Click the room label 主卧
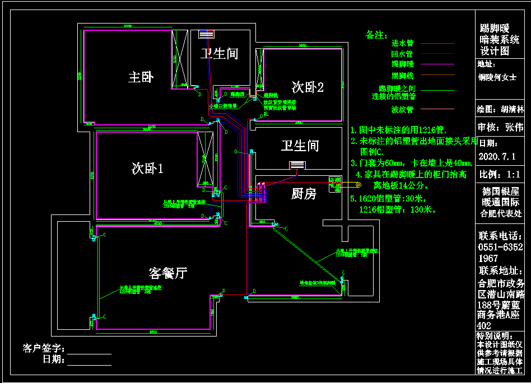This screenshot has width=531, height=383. pyautogui.click(x=141, y=77)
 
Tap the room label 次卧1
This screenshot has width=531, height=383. pyautogui.click(x=147, y=168)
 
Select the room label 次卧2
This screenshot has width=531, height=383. pyautogui.click(x=308, y=87)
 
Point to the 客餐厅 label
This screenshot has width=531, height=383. pyautogui.click(x=168, y=273)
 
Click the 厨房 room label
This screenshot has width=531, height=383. pyautogui.click(x=304, y=194)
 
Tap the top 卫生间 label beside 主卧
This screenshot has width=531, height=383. pyautogui.click(x=220, y=54)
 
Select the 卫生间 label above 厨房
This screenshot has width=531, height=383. pyautogui.click(x=300, y=146)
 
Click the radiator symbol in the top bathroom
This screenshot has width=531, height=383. pyautogui.click(x=206, y=34)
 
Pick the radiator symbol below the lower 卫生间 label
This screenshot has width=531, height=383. pyautogui.click(x=297, y=165)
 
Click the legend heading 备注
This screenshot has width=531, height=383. pyautogui.click(x=376, y=35)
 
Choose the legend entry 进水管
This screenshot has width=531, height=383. pyautogui.click(x=402, y=43)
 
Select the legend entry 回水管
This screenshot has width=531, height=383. pyautogui.click(x=402, y=54)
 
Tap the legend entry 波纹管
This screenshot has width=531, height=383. pyautogui.click(x=402, y=109)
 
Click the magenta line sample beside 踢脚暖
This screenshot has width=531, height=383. pyautogui.click(x=437, y=65)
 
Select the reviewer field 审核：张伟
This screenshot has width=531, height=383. pyautogui.click(x=500, y=127)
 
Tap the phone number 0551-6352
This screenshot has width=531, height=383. pyautogui.click(x=500, y=247)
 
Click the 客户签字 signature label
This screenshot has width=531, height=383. pyautogui.click(x=44, y=349)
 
